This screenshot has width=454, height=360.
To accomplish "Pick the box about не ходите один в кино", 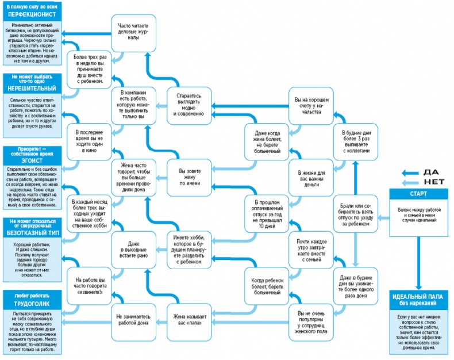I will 89,139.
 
